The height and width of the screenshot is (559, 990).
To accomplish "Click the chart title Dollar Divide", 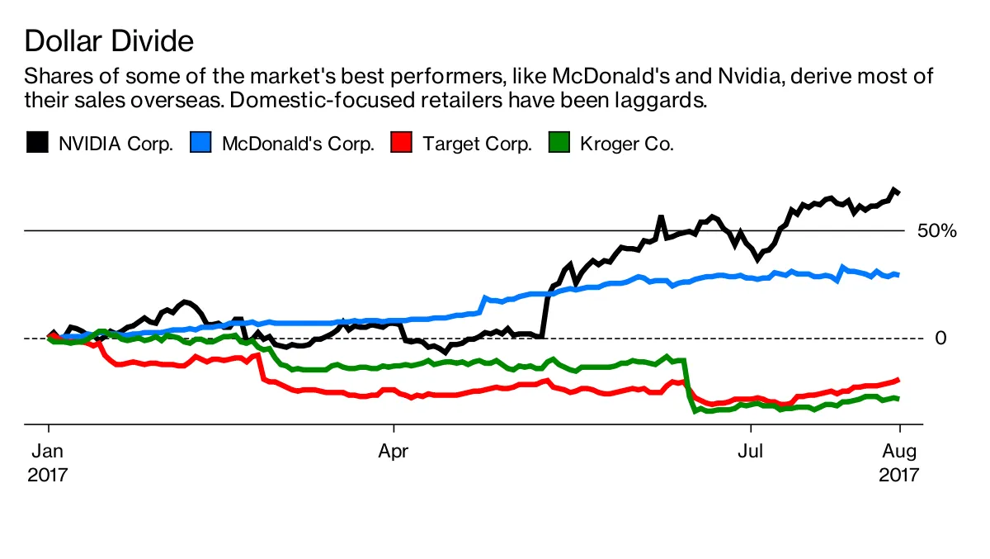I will (109, 40).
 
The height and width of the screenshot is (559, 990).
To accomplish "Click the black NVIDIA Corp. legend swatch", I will (36, 144).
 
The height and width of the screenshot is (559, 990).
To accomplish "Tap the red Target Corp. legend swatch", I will (401, 144).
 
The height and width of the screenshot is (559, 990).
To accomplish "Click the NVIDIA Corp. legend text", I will (115, 144).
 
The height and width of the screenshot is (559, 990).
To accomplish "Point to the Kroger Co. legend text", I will (627, 144).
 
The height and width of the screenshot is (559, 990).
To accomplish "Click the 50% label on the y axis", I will (936, 231).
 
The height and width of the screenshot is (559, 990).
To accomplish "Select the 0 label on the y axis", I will (940, 338).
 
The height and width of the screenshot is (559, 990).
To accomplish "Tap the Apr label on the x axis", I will (394, 452).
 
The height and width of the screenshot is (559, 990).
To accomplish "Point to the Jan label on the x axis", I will (49, 452).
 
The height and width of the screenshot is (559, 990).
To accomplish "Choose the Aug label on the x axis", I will (899, 452).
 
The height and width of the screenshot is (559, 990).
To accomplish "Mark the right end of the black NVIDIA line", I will (898, 192).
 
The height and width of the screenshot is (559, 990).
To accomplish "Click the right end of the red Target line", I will (898, 379).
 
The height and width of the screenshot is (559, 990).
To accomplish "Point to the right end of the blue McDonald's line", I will (898, 274).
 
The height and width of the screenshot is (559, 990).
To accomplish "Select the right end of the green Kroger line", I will (898, 398).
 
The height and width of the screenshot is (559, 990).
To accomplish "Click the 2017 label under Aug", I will (899, 476).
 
